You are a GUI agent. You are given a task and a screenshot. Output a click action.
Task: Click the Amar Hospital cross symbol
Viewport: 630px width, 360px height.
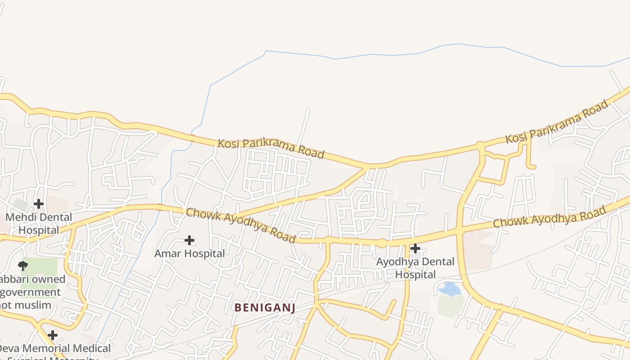(x=189, y=240)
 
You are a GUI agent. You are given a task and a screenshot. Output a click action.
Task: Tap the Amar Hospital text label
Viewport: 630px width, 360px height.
(x=189, y=253)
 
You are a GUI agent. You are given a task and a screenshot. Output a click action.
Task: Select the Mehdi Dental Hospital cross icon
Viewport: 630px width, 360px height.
(x=39, y=204)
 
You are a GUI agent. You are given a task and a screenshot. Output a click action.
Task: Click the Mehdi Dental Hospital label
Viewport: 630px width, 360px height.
(x=39, y=224)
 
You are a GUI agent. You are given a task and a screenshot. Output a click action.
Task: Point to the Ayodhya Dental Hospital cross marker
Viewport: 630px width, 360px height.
(x=415, y=248)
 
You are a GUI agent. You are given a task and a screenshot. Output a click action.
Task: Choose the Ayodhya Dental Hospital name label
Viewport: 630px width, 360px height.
(x=415, y=268)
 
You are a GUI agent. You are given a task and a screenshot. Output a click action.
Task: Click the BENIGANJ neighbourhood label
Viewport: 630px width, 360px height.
(x=265, y=308)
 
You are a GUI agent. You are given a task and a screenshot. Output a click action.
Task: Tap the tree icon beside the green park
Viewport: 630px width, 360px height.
(x=23, y=265)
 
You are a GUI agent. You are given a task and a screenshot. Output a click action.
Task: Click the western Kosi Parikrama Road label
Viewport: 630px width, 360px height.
(x=271, y=148)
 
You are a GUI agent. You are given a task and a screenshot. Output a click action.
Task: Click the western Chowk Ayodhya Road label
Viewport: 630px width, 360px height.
(x=241, y=225)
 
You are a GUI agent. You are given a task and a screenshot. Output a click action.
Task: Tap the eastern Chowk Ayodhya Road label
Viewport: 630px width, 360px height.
(x=549, y=216)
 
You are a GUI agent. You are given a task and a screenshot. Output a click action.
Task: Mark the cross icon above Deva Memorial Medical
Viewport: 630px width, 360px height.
(x=53, y=335)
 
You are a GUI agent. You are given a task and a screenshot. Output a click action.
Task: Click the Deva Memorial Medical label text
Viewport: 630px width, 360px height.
(x=54, y=348)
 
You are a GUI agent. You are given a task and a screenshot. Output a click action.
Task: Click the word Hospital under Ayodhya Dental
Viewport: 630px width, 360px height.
(x=415, y=274)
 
